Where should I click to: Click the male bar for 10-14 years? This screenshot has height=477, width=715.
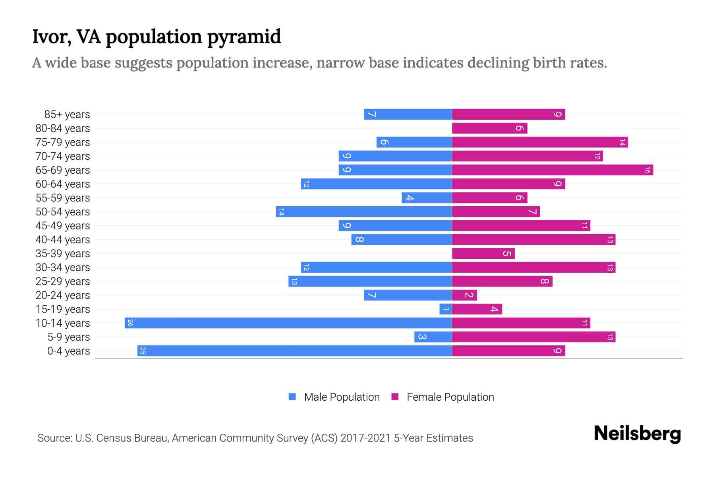(x=288, y=323)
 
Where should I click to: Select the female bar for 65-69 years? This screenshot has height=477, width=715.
(x=552, y=170)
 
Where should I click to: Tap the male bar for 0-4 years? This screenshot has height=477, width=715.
(x=294, y=351)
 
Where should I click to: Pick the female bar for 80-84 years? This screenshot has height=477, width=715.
(x=489, y=128)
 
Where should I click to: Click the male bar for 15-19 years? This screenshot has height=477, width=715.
(x=445, y=309)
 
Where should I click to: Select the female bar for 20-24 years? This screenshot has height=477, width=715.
(x=464, y=295)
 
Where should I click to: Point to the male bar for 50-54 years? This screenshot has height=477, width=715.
(x=363, y=212)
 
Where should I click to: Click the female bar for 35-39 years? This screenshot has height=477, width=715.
(x=483, y=254)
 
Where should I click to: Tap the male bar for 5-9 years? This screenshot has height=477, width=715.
(x=433, y=337)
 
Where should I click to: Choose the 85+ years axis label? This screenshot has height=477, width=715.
(x=67, y=114)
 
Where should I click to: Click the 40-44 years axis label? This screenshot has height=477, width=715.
(x=62, y=240)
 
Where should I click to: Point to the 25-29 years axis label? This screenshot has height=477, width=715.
(x=62, y=281)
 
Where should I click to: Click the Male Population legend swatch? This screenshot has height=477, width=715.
(x=292, y=397)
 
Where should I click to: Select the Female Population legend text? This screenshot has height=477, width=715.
(x=450, y=397)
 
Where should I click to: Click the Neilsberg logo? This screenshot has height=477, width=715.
(x=637, y=434)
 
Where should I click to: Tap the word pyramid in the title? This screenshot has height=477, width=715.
(x=244, y=37)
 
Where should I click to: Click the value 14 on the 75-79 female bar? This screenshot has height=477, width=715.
(x=622, y=142)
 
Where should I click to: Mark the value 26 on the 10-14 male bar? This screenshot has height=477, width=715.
(x=130, y=323)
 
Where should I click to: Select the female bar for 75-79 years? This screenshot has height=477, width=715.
(x=539, y=142)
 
